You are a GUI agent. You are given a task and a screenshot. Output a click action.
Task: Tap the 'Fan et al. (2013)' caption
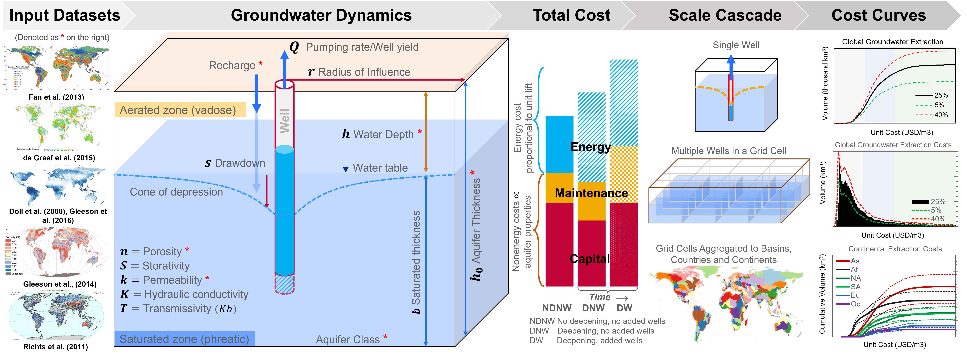point(56,97)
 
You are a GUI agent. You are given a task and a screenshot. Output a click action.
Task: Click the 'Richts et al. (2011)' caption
point(56,346)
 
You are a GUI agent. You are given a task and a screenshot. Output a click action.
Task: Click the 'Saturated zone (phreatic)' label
point(184,339)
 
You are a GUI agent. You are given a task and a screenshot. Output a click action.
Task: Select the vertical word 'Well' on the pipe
point(285,121)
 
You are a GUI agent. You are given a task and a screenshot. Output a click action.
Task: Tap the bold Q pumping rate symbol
point(294,47)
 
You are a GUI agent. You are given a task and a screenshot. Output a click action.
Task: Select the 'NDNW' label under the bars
point(557,308)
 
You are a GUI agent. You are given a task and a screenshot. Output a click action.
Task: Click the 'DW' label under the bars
point(624,308)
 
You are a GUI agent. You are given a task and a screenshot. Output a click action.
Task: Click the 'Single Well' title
point(736,45)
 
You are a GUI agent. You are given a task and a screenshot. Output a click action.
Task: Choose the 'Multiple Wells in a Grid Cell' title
point(728,151)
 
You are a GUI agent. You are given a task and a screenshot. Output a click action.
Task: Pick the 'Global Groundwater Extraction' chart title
point(892,42)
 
